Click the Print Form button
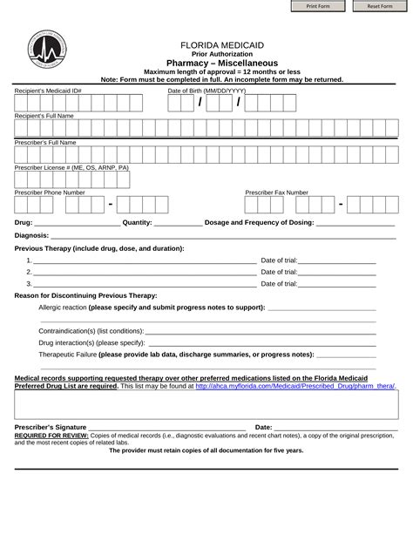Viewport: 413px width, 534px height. [317, 6]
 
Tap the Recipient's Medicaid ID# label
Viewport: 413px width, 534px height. [48, 91]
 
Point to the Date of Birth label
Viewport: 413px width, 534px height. [206, 91]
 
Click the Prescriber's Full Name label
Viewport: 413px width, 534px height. [46, 141]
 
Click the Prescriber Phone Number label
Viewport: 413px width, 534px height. [50, 192]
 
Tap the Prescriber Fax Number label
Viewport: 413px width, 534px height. [276, 192]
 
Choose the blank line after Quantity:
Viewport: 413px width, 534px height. [178, 224]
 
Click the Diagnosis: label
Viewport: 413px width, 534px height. [31, 235]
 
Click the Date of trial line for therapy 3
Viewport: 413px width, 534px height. [337, 285]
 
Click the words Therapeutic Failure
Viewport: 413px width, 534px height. [67, 355]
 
